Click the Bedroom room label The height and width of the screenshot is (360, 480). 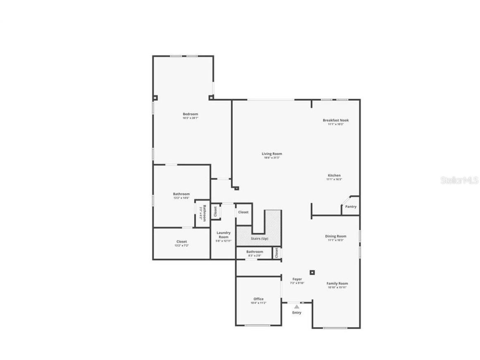coord(190,114)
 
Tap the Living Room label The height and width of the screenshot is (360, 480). coord(272,154)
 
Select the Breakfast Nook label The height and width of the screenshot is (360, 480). coord(335,120)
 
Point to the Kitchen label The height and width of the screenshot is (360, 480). coord(334,175)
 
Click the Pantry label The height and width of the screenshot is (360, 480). coord(351,207)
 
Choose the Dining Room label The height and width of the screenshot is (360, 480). coord(335,236)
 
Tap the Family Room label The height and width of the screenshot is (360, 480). coord(337,283)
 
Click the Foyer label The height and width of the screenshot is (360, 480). coord(297,279)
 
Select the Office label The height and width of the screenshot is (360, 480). coord(258,299)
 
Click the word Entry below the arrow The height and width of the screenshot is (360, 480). coord(296,313)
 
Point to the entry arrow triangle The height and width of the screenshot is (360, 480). coord(296,307)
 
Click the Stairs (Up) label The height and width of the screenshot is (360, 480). coord(259,239)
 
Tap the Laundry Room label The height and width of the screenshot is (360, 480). coord(224,235)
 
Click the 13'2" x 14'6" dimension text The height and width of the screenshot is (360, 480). coord(181,198)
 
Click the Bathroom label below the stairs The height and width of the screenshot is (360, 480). coord(254,252)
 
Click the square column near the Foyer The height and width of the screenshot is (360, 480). coord(313,272)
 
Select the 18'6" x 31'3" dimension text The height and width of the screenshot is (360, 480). coord(272,158)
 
